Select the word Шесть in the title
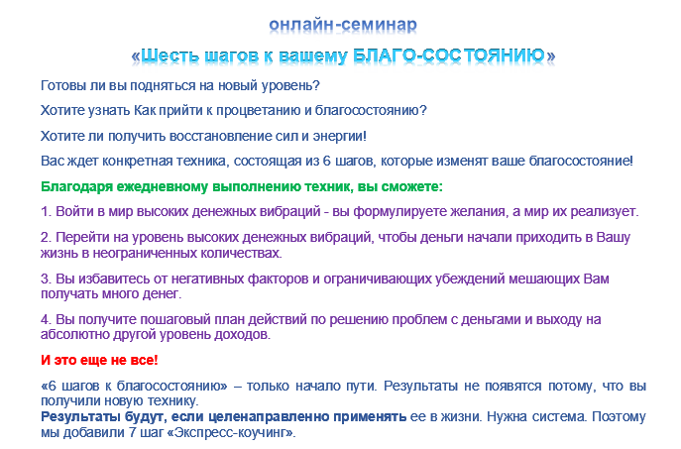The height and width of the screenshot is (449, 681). (170, 55)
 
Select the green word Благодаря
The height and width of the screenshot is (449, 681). (77, 186)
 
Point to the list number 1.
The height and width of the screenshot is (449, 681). (45, 212)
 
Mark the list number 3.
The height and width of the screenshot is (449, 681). (45, 280)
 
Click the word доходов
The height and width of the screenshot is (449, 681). (242, 335)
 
